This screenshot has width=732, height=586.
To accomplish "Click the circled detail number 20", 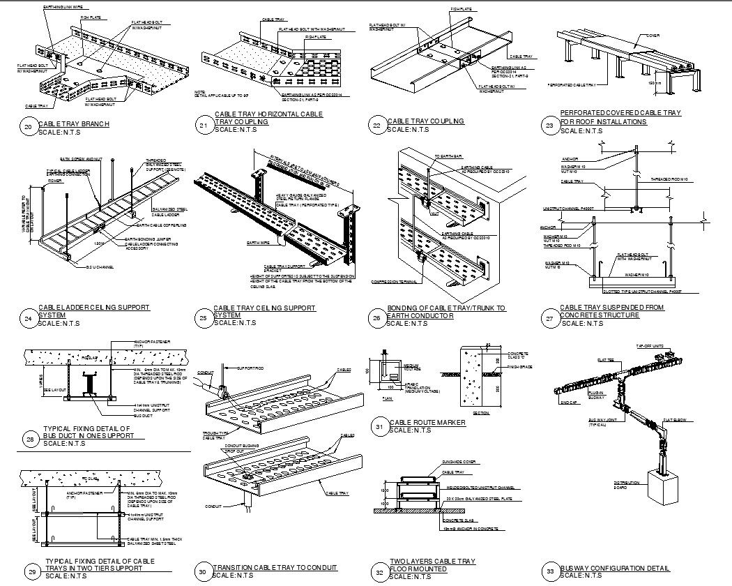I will (x=28, y=127).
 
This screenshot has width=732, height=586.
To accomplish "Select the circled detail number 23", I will (x=549, y=126).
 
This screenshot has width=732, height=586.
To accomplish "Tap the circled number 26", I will (x=376, y=318).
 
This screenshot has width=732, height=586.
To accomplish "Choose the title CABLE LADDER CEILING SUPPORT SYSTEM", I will (x=94, y=311).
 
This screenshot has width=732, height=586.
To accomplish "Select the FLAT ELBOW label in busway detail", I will (x=676, y=421).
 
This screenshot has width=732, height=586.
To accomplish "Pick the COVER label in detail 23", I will (x=653, y=34).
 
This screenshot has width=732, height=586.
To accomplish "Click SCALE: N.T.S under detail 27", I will (x=581, y=323).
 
